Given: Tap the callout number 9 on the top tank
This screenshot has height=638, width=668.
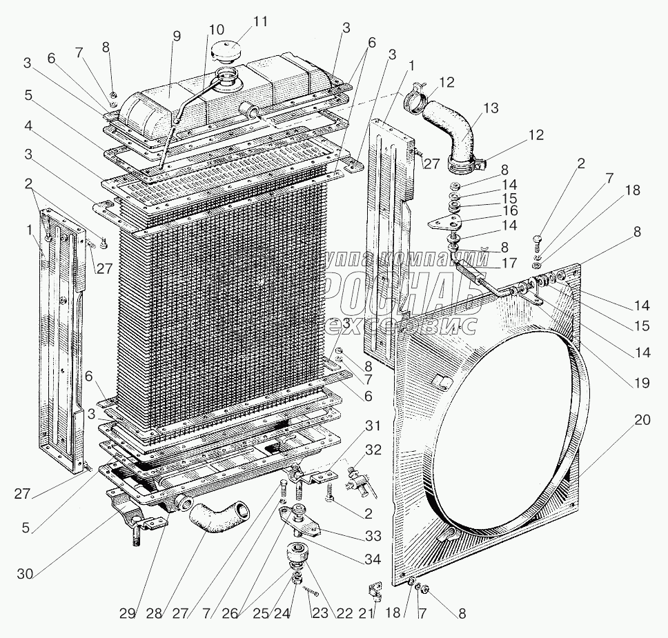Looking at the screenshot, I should (x=176, y=37).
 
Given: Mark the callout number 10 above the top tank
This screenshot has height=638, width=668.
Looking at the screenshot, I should (x=216, y=31).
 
